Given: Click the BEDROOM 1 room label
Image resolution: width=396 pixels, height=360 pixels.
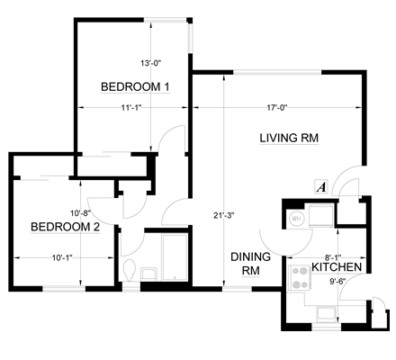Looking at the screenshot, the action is click(135, 87).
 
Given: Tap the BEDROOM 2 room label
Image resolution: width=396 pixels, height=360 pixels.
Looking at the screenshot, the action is click(65, 227).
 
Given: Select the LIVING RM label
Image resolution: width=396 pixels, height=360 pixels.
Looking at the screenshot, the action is click(289, 138).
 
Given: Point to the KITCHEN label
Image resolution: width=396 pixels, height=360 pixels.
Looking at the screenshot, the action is click(337, 266).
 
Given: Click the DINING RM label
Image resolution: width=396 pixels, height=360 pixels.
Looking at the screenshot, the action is click(250, 264).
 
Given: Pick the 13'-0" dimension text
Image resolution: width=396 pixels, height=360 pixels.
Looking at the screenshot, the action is click(151, 63).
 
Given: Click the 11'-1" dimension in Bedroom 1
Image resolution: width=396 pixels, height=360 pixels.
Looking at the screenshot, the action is click(131, 107).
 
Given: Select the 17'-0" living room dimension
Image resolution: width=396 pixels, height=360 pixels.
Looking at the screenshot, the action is click(277, 107).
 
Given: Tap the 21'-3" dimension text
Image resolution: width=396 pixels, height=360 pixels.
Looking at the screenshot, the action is click(223, 215).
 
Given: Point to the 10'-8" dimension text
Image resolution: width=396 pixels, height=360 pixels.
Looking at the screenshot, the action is click(80, 213).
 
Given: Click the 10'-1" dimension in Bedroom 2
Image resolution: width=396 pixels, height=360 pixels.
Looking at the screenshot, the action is click(62, 257).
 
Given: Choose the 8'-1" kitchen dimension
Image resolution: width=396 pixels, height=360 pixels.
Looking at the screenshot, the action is click(333, 257).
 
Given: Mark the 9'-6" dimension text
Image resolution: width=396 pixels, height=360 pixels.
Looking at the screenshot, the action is click(337, 282).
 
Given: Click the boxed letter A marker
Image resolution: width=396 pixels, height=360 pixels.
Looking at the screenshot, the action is click(321, 187).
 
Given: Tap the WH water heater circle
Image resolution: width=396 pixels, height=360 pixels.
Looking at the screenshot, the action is click(296, 219).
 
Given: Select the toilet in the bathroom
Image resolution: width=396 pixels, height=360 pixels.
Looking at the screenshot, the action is click(130, 270).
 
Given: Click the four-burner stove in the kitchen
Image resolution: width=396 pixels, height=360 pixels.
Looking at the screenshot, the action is click(300, 278).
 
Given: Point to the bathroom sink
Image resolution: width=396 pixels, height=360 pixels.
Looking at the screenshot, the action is click(148, 274).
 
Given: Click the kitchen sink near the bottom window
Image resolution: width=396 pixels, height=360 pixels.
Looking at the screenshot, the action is click(327, 314).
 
